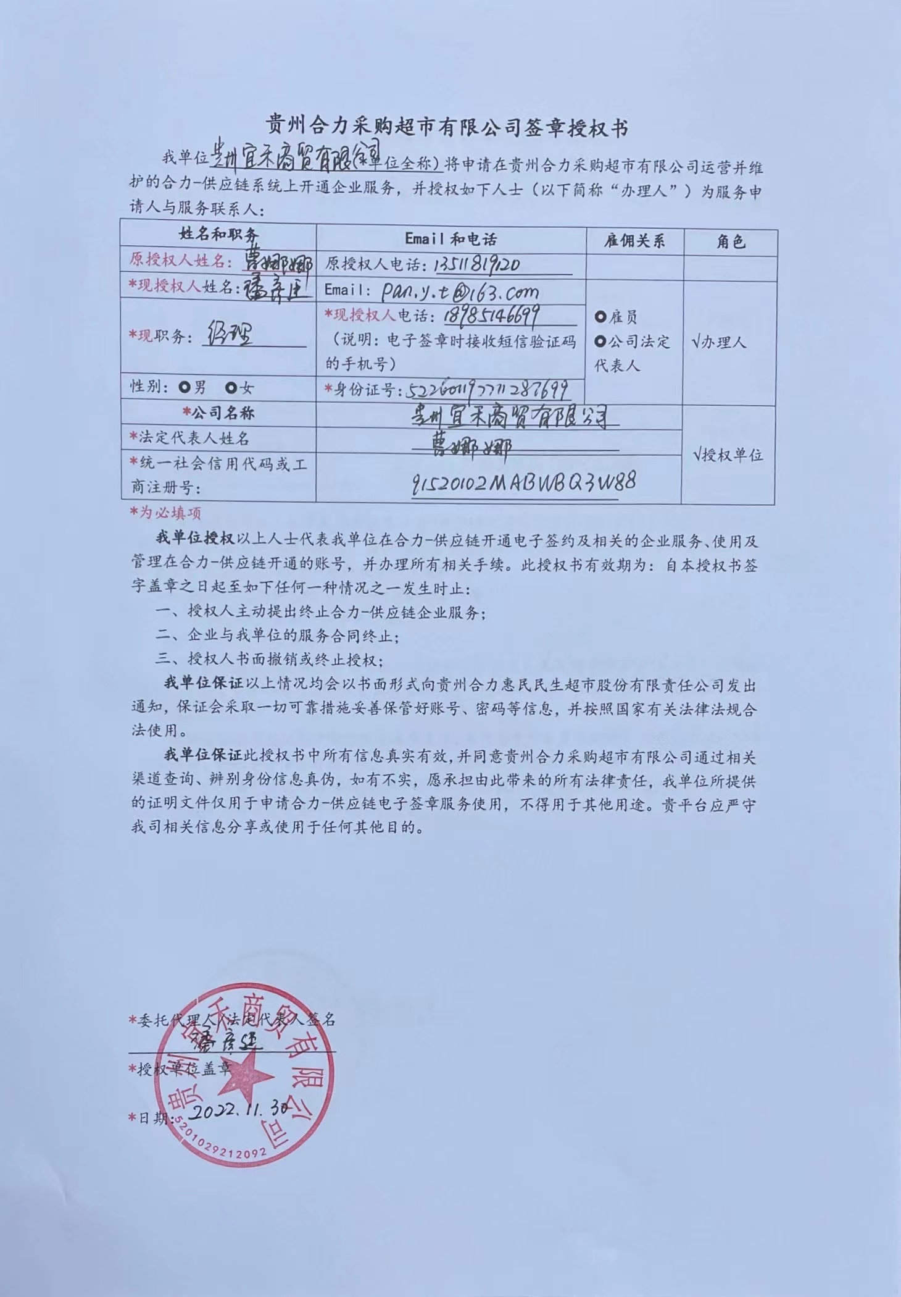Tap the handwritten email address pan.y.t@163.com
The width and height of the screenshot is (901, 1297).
459,291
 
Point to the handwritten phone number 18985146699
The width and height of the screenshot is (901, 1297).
491,316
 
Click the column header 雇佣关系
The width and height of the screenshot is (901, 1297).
634,241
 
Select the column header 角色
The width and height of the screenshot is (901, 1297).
731,241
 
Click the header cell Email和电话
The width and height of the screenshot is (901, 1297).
451,239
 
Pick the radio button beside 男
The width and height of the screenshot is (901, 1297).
184,388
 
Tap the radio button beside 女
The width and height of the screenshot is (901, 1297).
231,388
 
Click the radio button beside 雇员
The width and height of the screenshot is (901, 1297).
600,317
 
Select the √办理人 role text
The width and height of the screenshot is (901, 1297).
718,342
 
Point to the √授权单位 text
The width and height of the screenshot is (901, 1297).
728,455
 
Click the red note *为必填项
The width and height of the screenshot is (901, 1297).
165,513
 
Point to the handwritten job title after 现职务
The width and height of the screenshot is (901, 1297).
231,335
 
